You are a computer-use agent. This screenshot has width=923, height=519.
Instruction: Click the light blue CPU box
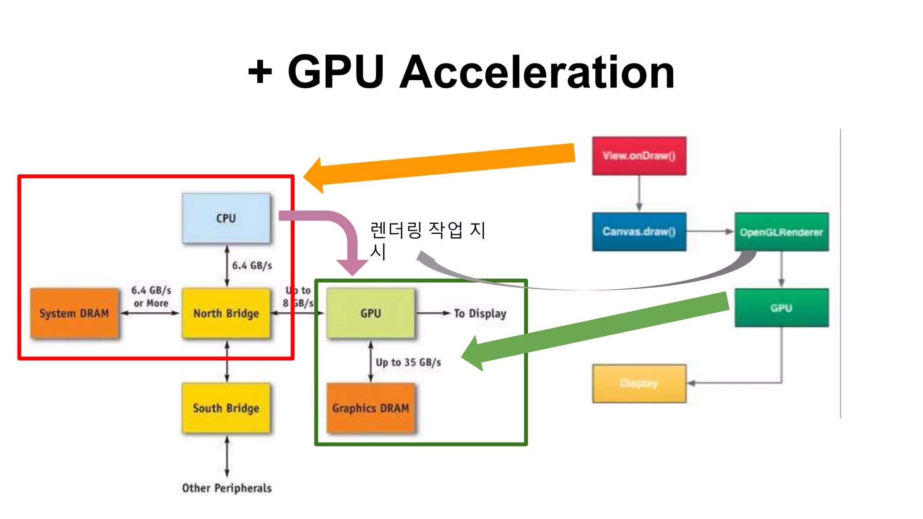point(226,219)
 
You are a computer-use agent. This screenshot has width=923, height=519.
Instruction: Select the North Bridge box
point(226,313)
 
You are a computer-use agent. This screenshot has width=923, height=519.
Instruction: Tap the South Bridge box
point(226,408)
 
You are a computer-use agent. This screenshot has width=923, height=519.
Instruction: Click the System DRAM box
point(74,313)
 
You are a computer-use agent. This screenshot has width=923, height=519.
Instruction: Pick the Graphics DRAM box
point(370,408)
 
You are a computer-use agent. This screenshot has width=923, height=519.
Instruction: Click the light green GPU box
point(370,313)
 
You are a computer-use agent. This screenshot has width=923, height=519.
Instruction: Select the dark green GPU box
point(781,308)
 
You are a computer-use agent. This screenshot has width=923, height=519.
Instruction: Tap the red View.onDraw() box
point(639,156)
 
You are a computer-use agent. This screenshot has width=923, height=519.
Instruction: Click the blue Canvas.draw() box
point(639,232)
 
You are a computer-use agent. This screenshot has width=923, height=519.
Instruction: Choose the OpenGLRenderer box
point(781,232)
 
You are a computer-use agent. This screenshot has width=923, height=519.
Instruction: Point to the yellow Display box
point(639,383)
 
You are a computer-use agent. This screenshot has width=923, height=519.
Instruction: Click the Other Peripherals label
point(227,488)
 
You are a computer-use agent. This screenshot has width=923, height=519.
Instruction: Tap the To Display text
point(480,313)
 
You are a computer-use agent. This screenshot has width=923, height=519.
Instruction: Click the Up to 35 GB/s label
point(408,362)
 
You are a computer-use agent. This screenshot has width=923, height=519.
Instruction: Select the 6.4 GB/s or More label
point(151,296)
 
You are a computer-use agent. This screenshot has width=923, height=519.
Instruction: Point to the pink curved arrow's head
point(352,268)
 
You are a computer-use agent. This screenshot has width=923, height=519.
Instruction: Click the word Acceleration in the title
point(537,72)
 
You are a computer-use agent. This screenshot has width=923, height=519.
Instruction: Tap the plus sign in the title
point(260,72)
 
